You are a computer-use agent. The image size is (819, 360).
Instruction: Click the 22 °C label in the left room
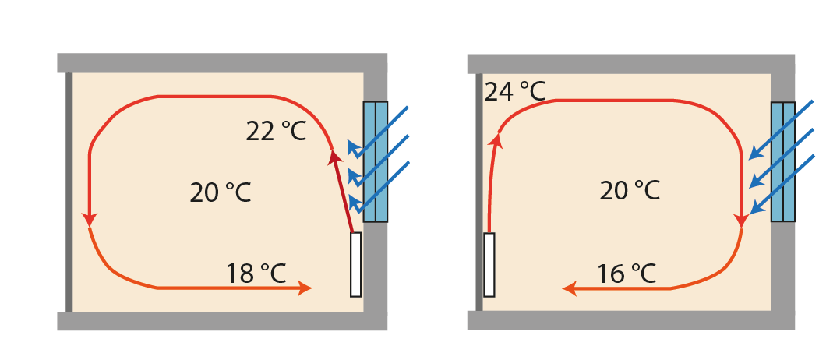276,132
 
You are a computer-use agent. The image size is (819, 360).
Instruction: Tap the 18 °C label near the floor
256,274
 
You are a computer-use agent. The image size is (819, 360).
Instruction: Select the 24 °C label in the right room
514,91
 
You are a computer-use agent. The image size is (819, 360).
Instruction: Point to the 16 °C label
627,274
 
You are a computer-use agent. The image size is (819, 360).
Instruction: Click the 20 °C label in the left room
220,192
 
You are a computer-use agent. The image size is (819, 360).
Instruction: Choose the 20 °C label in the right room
630,189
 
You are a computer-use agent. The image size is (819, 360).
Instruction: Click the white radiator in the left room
355,265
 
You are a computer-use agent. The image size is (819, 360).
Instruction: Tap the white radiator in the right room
489,265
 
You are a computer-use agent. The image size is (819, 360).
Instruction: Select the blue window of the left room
376,161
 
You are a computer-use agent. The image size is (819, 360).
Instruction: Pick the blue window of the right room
783,161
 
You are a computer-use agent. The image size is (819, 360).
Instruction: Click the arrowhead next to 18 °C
305,288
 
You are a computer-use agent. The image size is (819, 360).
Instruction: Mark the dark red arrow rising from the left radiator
344,191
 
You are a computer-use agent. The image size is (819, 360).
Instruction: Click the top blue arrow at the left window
377,128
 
